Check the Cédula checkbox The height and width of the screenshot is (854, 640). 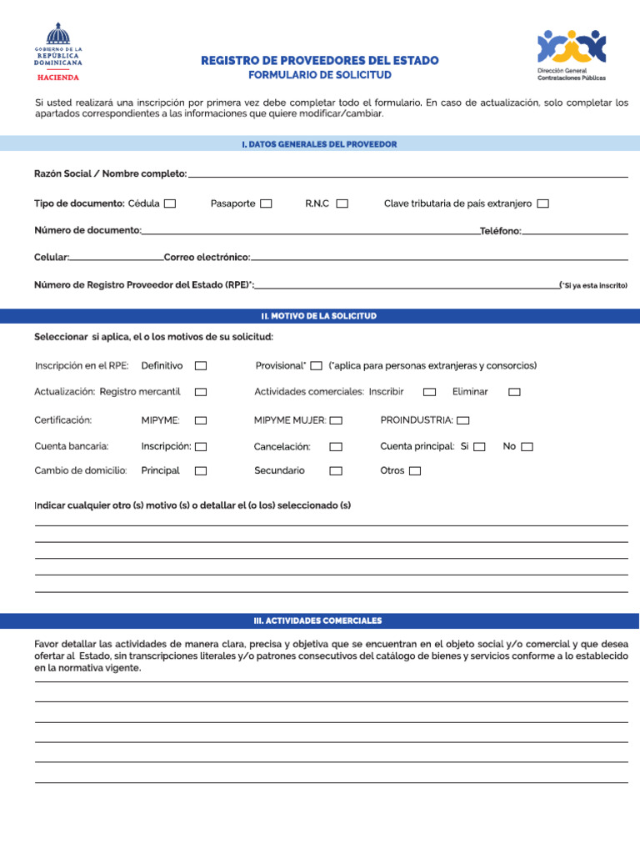[x=170, y=203]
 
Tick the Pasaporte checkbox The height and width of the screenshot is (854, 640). [x=266, y=203]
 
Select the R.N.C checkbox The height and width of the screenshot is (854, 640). [x=342, y=203]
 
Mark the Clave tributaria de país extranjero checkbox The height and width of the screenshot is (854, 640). [x=543, y=203]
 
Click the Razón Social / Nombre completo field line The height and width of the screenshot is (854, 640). [x=408, y=173]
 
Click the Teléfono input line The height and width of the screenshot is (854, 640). [x=575, y=230]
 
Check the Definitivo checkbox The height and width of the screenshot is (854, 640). [x=201, y=366]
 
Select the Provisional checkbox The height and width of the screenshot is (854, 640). [x=316, y=366]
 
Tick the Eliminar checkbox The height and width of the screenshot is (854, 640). [x=514, y=392]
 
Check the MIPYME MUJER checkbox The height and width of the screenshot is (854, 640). [x=336, y=420]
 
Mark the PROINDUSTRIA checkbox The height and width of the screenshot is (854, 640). [x=463, y=420]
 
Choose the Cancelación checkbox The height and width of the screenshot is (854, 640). [x=336, y=447]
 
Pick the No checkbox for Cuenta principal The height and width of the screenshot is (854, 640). [x=527, y=447]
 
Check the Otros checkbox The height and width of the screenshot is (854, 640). [x=415, y=471]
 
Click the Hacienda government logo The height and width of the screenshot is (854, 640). [x=58, y=53]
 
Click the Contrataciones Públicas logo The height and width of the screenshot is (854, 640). [x=572, y=54]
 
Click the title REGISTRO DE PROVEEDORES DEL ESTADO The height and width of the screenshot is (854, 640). [x=319, y=61]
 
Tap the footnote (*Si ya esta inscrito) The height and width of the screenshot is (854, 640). [x=593, y=285]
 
